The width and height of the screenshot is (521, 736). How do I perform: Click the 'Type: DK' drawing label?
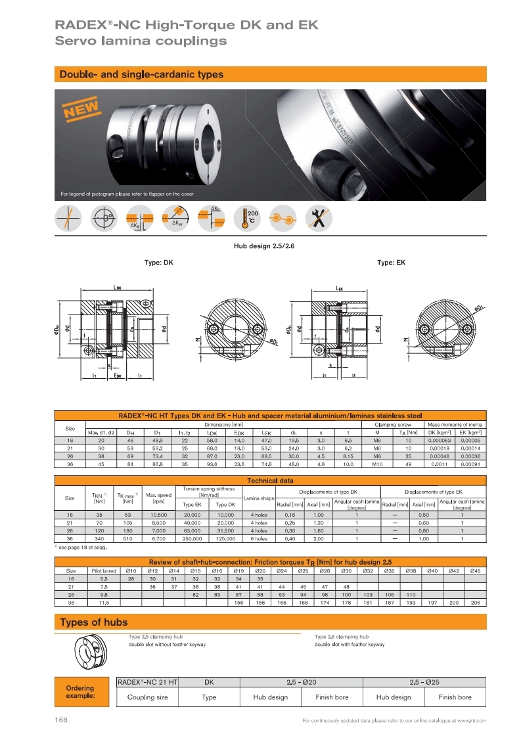tap(158, 263)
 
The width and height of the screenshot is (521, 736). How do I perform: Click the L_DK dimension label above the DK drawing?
tap(116, 287)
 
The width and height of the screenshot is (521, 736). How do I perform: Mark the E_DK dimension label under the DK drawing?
tap(118, 376)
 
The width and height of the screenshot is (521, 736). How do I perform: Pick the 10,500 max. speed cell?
tap(159, 515)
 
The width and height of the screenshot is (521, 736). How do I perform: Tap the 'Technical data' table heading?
tap(270, 481)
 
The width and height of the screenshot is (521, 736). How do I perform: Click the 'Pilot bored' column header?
tap(104, 571)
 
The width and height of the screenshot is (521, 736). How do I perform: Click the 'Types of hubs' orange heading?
tap(94, 622)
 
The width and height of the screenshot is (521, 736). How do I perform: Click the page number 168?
tap(62, 720)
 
